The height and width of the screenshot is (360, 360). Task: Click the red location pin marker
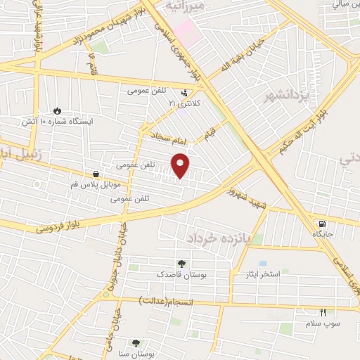tap(181, 165)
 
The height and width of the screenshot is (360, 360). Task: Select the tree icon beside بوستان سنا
tap(136, 343)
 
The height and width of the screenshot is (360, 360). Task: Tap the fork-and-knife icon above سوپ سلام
tap(323, 311)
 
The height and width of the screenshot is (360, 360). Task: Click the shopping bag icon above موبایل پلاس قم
tap(96, 174)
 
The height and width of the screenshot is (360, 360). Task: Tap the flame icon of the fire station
tap(57, 110)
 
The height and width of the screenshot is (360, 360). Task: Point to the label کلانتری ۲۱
tap(184, 103)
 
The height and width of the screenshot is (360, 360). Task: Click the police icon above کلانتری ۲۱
tap(184, 92)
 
